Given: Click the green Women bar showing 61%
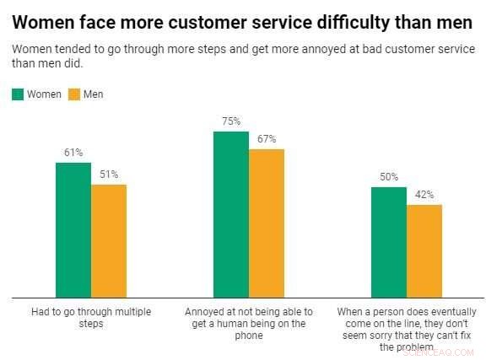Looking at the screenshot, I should [x=73, y=229].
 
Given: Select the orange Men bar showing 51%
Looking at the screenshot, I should [x=109, y=240].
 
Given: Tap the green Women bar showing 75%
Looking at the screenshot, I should [x=231, y=214].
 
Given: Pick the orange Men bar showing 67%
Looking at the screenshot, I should [x=267, y=223].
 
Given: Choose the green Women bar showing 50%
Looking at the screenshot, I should [x=389, y=242].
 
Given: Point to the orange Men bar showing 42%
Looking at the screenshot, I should [x=424, y=250].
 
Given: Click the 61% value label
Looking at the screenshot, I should [x=73, y=153].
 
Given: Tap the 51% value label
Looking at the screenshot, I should [x=109, y=175].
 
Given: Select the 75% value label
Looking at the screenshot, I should [x=231, y=121].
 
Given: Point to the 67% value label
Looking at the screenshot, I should [x=267, y=139].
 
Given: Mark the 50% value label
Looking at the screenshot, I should [x=389, y=177].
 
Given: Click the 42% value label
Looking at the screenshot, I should [x=424, y=195].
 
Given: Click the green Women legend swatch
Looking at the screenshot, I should [x=19, y=94].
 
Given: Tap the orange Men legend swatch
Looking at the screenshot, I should [x=73, y=94].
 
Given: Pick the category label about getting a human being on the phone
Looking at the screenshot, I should [x=249, y=323].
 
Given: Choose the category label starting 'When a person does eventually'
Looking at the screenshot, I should [x=406, y=329].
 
